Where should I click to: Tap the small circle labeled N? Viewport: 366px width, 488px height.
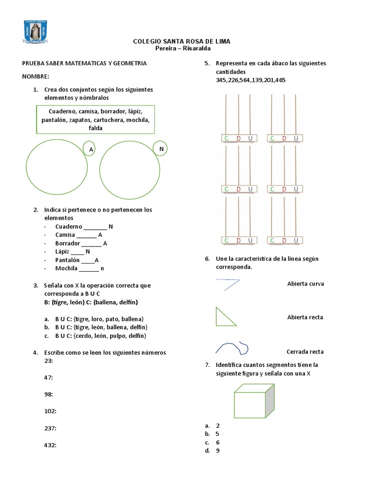tap(161, 149)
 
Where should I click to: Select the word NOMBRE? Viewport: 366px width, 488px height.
tap(36, 77)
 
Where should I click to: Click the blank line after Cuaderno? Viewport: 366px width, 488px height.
tap(95, 227)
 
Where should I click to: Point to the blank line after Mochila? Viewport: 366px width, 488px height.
tap(89, 268)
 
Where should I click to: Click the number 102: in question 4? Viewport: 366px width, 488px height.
tap(51, 411)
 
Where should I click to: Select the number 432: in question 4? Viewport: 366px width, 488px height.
tap(51, 445)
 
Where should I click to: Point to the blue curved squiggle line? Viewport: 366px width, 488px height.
tap(232, 347)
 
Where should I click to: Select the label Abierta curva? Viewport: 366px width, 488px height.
tap(305, 284)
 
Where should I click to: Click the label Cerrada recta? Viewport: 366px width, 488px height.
tap(305, 352)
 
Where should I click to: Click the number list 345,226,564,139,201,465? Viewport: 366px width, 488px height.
tap(251, 80)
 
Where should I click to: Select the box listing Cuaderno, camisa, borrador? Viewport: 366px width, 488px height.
tap(95, 120)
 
